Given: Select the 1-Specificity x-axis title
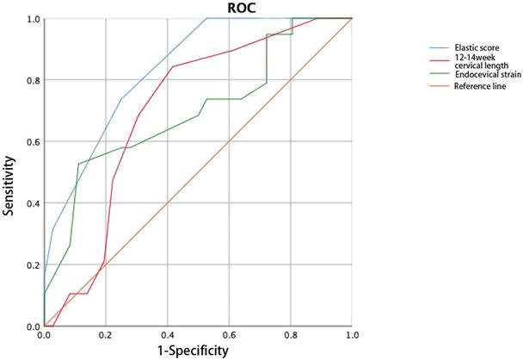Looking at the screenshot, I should coord(199,351).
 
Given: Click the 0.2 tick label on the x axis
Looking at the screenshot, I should coord(106,335).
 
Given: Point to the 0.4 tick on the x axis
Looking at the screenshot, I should coord(168,335).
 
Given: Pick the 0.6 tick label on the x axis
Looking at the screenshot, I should coord(229,335).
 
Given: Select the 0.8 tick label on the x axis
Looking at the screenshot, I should coord(291,335).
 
